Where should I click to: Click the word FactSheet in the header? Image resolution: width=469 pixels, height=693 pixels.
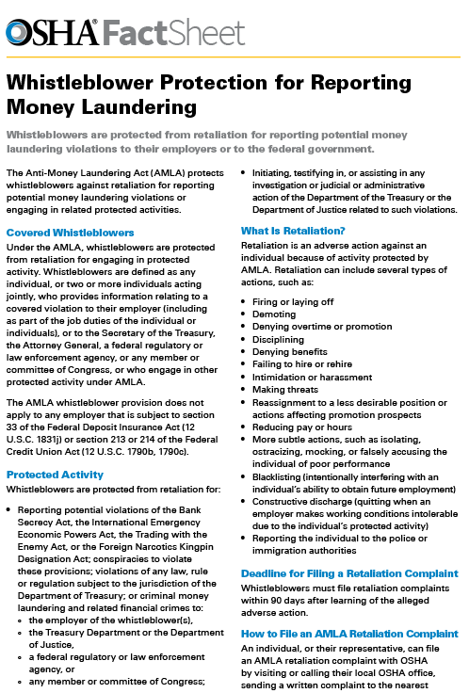point(174,34)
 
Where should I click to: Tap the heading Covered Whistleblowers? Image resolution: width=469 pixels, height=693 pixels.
point(70,232)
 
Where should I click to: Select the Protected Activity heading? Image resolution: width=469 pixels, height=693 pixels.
point(55,475)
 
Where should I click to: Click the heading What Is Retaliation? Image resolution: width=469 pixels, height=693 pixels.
point(293,231)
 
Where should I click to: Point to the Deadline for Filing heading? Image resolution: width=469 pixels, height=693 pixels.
point(349,573)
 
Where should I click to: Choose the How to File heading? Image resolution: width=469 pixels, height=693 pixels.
point(349,634)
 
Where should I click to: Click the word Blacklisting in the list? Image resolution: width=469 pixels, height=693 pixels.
point(283,504)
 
